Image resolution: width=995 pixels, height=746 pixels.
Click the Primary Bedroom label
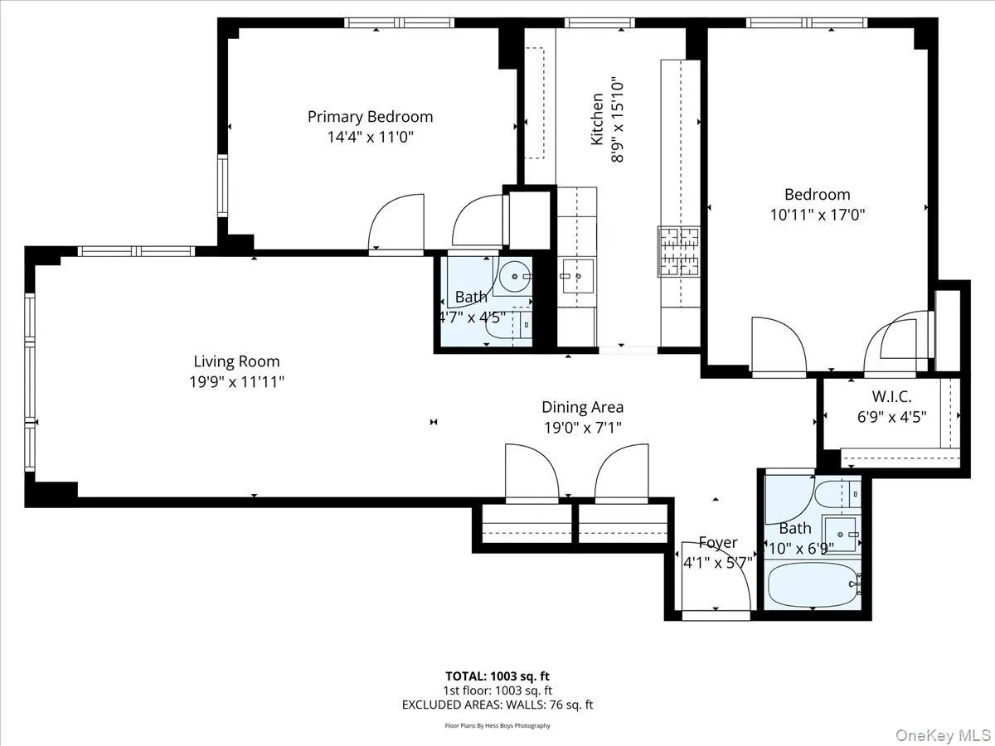coord(370,117)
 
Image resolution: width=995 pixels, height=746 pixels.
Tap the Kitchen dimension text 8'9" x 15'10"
coord(617,120)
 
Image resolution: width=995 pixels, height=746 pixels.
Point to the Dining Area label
coord(582,407)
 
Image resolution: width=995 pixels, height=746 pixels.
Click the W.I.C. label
coord(891,396)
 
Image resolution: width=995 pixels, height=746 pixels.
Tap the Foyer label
coord(717,543)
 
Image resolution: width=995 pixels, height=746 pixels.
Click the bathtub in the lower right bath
coord(811,585)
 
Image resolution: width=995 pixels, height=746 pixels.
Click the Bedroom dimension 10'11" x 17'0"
coord(818,214)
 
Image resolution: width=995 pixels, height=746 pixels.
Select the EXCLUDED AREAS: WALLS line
coord(498,705)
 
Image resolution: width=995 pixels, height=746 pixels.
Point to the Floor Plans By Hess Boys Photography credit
coord(498,725)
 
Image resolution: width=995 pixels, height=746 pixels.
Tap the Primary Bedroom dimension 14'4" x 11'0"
coord(370,136)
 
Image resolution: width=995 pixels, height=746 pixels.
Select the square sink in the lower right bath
coord(840,532)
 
